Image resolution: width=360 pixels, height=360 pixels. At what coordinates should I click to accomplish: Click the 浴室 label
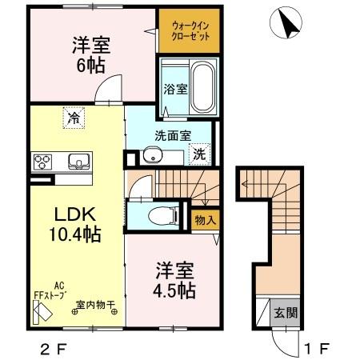point(176,88)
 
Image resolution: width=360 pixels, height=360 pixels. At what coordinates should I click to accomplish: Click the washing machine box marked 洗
point(201,153)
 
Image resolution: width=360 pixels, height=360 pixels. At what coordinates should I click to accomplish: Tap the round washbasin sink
point(152,154)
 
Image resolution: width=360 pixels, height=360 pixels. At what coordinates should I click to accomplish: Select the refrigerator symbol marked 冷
point(74,118)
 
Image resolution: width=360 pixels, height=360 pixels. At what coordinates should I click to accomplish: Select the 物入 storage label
point(204,218)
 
